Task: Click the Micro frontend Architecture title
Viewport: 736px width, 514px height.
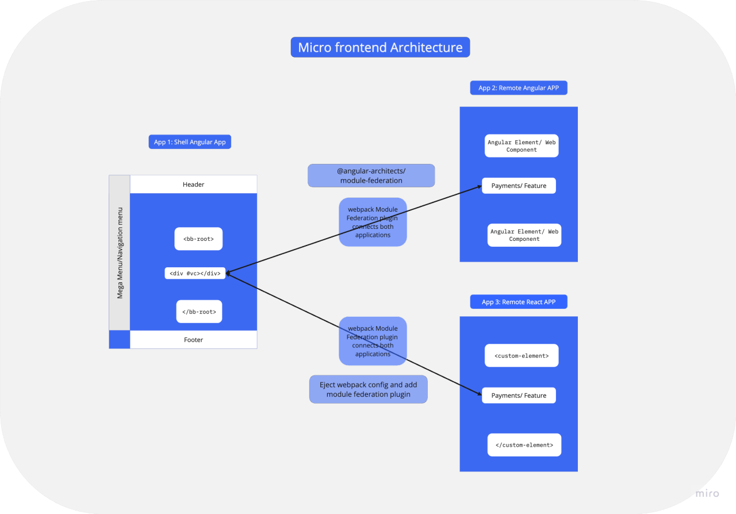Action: tap(380, 47)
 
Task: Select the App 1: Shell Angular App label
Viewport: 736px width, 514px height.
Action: tap(190, 142)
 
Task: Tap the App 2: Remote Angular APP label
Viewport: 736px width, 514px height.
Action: tap(519, 88)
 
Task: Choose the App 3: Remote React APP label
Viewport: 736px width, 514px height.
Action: tap(519, 302)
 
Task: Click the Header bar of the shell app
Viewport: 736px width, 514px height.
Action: tap(193, 185)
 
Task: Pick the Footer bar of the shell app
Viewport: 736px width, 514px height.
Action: tap(193, 340)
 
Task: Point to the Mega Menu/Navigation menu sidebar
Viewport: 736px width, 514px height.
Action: tap(120, 253)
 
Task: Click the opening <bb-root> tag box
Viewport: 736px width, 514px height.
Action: tap(198, 239)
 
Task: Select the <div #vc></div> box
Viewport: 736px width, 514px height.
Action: tap(195, 273)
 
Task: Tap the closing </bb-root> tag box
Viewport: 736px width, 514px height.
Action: tap(199, 312)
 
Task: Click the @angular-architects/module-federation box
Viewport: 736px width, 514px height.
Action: tap(371, 176)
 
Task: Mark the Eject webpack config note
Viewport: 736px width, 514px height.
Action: tap(368, 390)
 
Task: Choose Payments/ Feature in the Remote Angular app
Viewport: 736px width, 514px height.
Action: tap(519, 186)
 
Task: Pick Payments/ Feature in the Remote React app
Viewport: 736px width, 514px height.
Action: tap(519, 396)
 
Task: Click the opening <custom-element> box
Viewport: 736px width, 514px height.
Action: tap(522, 356)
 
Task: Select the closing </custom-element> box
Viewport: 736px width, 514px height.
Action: tap(524, 445)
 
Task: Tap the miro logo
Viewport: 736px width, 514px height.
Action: tap(707, 493)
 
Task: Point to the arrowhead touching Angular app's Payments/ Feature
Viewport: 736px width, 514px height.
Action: tap(479, 187)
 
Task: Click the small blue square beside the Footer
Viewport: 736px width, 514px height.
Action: tap(120, 340)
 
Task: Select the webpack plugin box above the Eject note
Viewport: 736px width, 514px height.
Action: tap(373, 341)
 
